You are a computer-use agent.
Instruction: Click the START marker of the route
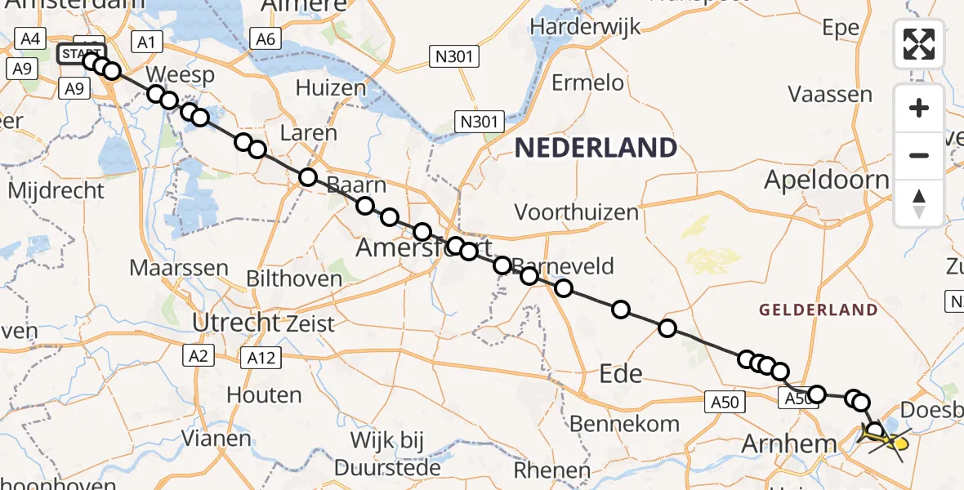tap(81, 55)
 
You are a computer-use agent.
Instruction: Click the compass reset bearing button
tap(919, 203)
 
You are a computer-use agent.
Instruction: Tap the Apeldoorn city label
tap(826, 180)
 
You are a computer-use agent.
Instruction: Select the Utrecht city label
tap(236, 323)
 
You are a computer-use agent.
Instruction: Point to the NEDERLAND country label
tap(596, 148)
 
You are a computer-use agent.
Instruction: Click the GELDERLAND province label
tap(818, 310)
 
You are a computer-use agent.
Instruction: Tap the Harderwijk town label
tap(583, 25)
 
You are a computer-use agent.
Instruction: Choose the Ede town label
tap(621, 374)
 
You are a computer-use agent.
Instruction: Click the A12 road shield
tap(261, 357)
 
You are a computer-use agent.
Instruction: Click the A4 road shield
tap(31, 38)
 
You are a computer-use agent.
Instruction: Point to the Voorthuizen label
tap(576, 212)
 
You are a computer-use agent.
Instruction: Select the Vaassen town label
tap(830, 94)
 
